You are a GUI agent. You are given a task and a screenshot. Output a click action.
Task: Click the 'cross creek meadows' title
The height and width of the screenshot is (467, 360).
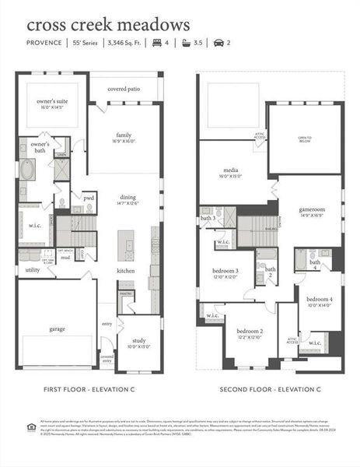click(108, 26)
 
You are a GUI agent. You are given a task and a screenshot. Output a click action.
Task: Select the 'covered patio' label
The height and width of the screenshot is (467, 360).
click(124, 90)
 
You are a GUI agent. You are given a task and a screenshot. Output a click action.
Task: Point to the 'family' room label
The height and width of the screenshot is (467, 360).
click(124, 135)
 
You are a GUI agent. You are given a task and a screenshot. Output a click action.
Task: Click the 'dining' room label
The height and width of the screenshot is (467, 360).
click(128, 198)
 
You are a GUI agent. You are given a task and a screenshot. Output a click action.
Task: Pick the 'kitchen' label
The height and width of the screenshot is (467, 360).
click(126, 270)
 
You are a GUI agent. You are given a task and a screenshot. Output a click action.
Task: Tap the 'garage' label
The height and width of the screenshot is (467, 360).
click(56, 328)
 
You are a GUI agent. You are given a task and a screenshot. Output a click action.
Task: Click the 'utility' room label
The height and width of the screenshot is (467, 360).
click(32, 270)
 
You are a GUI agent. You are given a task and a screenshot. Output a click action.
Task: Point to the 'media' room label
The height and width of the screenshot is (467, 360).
click(231, 169)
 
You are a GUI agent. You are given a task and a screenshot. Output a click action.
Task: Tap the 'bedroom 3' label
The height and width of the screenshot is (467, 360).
click(225, 271)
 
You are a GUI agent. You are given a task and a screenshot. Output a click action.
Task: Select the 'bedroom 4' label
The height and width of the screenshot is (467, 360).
click(319, 300)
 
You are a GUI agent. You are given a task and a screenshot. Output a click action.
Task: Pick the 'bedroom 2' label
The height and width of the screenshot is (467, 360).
click(250, 331)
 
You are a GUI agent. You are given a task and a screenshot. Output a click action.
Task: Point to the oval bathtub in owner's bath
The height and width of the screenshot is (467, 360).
click(28, 170)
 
